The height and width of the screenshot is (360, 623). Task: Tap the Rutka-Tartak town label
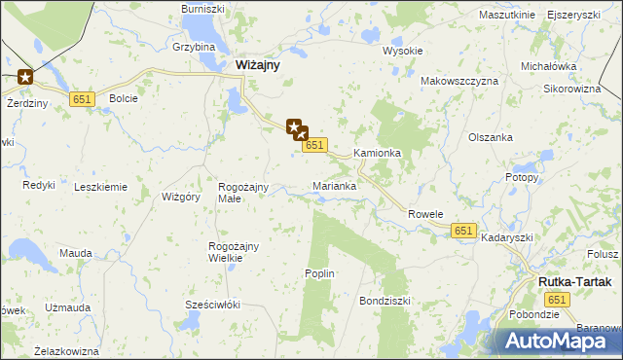pos(574,282)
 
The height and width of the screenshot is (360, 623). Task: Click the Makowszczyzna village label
pos(459,81)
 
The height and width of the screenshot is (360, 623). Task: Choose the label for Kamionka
pos(378,154)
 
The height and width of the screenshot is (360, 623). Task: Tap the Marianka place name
pos(334,185)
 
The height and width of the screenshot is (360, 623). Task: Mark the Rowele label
pos(425,214)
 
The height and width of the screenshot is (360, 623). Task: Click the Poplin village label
pos(320,273)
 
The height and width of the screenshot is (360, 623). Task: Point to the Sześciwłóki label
pos(212,305)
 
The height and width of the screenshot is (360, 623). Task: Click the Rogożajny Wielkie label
pos(233,252)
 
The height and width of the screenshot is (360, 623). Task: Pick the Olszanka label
pos(491,137)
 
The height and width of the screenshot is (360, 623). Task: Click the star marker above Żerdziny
pos(25,77)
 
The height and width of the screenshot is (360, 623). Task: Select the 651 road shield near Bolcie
pos(82,98)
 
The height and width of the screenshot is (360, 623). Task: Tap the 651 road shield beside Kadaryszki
pos(463,230)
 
